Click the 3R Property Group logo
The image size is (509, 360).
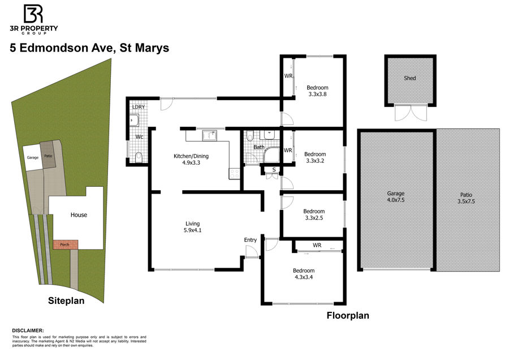[34, 19]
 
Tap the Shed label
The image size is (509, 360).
[409, 78]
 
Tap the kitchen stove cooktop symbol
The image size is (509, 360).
[234, 174]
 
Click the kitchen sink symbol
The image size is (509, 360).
[210, 135]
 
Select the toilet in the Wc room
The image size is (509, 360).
[139, 157]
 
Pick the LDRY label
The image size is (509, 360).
[139, 107]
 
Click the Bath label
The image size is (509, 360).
[258, 147]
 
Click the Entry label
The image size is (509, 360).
[251, 240]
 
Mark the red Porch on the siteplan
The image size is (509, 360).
[65, 245]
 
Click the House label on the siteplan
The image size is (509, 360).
[79, 215]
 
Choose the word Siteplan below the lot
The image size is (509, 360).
[66, 301]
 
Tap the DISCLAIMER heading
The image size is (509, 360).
[28, 331]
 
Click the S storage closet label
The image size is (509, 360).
[274, 170]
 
